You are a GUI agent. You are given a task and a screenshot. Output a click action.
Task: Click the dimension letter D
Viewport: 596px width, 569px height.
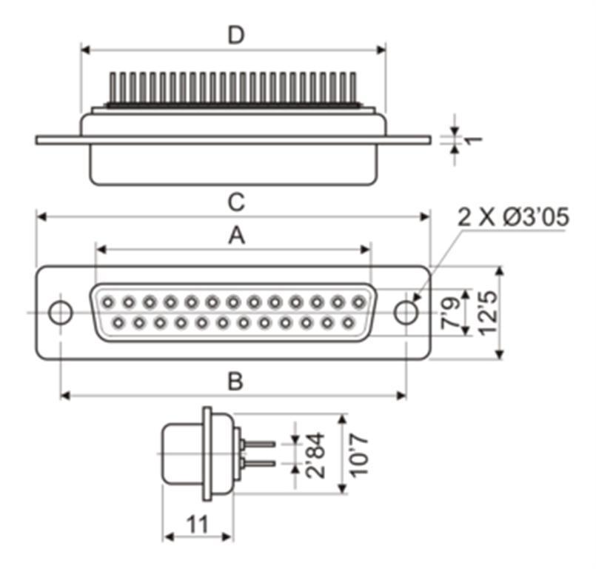pos(236,35)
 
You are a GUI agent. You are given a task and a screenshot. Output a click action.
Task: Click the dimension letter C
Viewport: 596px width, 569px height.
pos(236,202)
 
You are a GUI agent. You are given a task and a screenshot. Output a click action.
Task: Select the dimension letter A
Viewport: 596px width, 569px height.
pos(236,236)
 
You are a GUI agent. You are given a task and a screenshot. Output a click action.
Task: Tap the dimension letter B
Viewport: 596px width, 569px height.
pos(235,381)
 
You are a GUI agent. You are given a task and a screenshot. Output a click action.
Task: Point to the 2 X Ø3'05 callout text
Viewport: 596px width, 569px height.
pos(513,217)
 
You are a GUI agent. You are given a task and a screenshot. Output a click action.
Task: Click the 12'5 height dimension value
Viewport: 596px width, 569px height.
pos(488,313)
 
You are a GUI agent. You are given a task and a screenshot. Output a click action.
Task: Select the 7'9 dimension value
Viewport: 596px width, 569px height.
pos(450,313)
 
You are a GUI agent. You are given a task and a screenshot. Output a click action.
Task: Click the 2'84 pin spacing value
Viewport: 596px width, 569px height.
pos(315,455)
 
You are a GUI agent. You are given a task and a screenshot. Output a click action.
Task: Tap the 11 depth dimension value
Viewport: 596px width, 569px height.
pos(198,525)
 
